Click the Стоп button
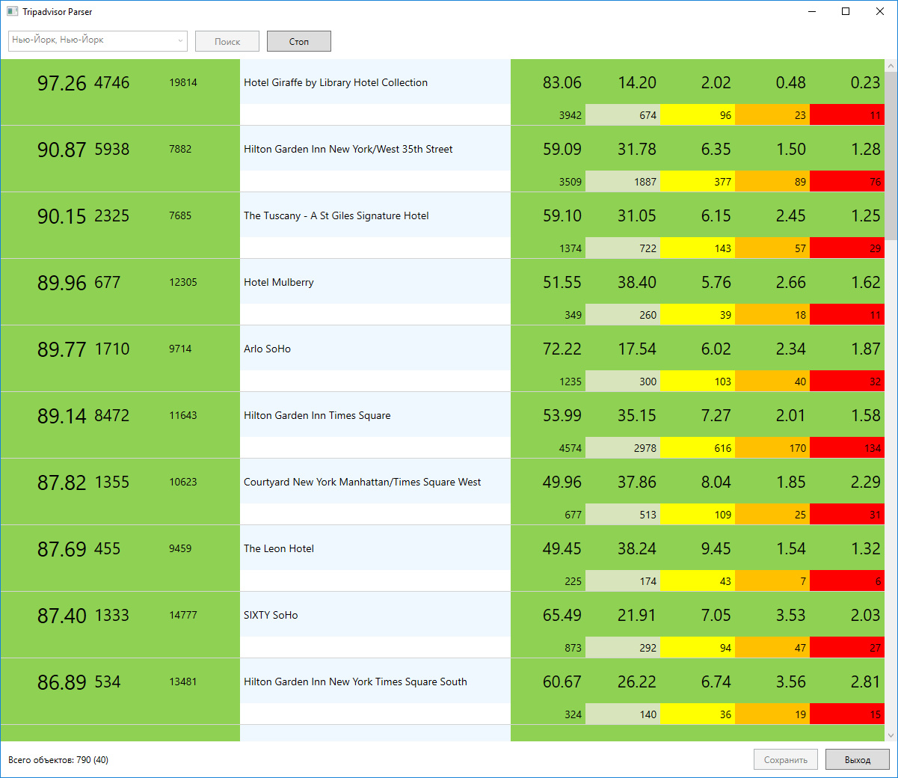tap(298, 41)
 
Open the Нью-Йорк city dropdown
tap(98, 41)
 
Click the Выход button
tap(857, 760)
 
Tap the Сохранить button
tap(786, 760)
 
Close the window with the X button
tap(880, 12)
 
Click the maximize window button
tap(846, 12)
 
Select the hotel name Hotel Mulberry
tap(278, 283)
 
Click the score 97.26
tap(62, 83)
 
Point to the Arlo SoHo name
tap(267, 349)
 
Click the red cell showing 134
tap(847, 447)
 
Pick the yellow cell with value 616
tap(698, 447)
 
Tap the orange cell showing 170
tap(772, 447)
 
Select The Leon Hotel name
tap(278, 548)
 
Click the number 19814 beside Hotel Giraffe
tap(183, 82)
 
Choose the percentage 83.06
tap(562, 82)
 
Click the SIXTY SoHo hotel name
tap(271, 615)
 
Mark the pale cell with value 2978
tap(623, 447)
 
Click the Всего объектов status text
tap(58, 760)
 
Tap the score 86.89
tap(62, 682)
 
